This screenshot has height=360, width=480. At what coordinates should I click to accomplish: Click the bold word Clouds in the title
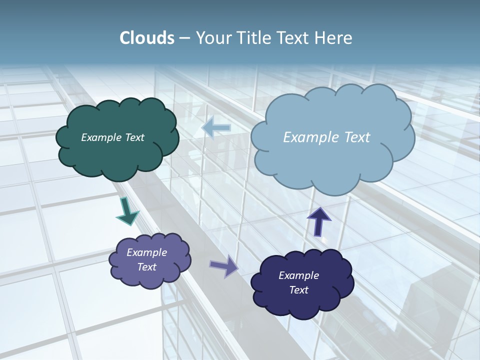pos(146,38)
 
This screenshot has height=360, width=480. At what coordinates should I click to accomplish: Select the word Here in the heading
pos(335,38)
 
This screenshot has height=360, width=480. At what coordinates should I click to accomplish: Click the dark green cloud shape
pos(117,155)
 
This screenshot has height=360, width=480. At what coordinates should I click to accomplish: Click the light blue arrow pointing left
pos(216,127)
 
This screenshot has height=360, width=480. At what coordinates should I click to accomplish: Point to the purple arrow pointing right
pos(224,266)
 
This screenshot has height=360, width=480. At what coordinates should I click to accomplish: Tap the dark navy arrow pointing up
pos(318,221)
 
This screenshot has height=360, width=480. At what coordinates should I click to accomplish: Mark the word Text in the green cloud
pos(135,137)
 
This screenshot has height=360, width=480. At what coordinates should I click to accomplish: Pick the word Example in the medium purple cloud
pos(147,252)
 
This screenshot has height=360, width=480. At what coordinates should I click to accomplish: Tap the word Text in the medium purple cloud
pos(147,267)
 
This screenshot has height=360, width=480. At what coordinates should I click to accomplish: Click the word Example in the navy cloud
pos(298,275)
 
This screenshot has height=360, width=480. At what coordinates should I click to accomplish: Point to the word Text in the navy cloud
pos(298,290)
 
